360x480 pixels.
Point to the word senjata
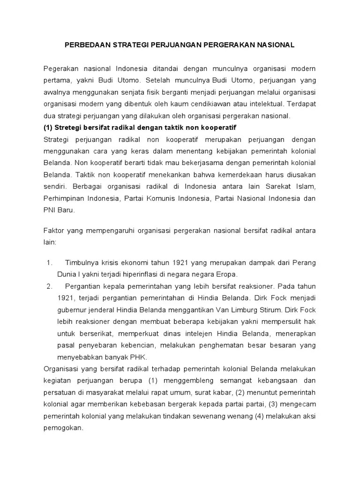tap(139, 91)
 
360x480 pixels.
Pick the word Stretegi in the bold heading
tap(71, 128)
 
